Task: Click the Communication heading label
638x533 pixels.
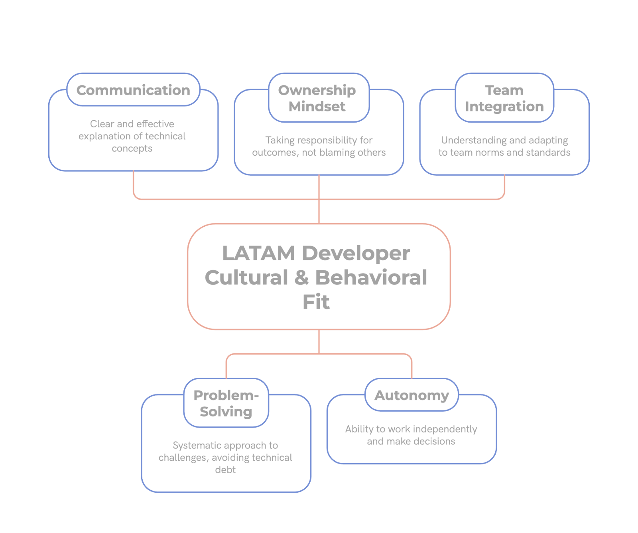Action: (x=133, y=90)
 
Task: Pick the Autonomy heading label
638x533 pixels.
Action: (x=412, y=395)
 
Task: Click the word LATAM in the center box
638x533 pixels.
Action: (x=258, y=253)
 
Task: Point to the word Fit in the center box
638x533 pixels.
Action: (x=316, y=302)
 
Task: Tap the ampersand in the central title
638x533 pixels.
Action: (x=302, y=277)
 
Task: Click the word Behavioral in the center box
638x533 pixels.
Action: (x=371, y=277)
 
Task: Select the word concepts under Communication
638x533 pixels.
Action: (x=132, y=149)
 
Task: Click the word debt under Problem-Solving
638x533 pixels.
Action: (x=225, y=470)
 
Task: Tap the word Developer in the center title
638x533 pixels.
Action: (x=356, y=253)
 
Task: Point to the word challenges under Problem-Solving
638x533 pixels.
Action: (x=183, y=458)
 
